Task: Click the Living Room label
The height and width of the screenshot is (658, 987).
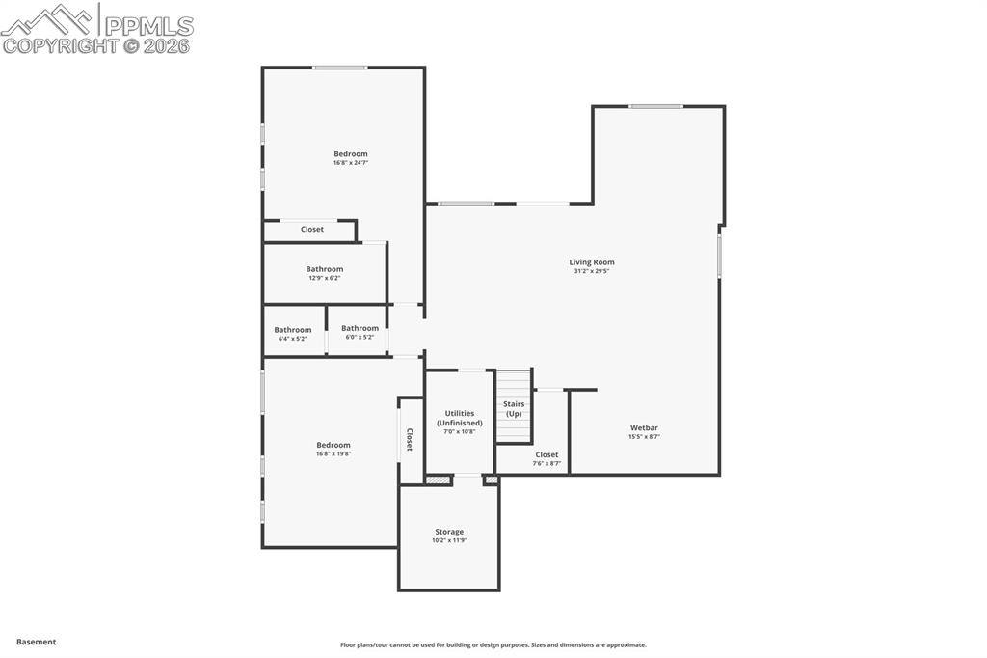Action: click(x=591, y=262)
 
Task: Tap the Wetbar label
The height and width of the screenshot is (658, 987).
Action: click(x=644, y=427)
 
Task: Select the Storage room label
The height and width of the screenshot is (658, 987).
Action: click(x=448, y=532)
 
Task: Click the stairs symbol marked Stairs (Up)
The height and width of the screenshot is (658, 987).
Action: click(x=514, y=408)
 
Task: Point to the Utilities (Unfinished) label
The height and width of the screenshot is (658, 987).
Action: click(x=459, y=418)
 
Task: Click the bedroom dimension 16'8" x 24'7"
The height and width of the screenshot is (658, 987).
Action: click(x=351, y=163)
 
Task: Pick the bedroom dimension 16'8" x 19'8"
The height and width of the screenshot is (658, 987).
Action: click(x=333, y=453)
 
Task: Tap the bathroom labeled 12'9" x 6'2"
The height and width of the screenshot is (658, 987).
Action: click(x=324, y=273)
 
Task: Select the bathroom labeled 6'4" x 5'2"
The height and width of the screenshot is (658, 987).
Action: click(x=292, y=334)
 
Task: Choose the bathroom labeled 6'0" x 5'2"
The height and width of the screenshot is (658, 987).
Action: click(x=360, y=333)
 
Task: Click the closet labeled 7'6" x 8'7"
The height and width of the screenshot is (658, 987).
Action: click(x=547, y=458)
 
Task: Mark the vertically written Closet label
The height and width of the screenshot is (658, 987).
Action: click(x=409, y=440)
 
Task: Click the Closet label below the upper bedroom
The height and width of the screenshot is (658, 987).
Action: click(x=312, y=230)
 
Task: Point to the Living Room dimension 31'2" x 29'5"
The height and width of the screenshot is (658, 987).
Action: click(x=591, y=271)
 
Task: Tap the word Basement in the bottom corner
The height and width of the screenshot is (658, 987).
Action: click(x=36, y=642)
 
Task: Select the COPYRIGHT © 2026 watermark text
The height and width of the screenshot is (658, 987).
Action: click(x=96, y=45)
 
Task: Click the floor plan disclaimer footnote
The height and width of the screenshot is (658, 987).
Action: click(x=493, y=644)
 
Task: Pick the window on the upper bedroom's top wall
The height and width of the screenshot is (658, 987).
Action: click(x=339, y=68)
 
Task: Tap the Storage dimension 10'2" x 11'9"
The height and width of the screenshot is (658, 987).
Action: click(x=448, y=540)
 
